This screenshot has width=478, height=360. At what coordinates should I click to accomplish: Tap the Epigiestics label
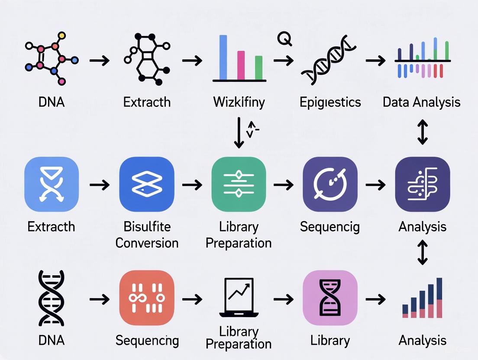(330, 103)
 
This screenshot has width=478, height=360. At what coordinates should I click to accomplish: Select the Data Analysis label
(421, 103)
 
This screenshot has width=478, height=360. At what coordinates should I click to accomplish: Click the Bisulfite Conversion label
(147, 234)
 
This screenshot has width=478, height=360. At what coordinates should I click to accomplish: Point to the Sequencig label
(329, 226)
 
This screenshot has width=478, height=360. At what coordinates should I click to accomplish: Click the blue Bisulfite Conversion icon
(146, 184)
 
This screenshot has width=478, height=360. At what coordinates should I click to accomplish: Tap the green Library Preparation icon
(238, 184)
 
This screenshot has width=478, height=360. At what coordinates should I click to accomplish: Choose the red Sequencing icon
(146, 298)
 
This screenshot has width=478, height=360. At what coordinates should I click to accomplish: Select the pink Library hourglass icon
(330, 298)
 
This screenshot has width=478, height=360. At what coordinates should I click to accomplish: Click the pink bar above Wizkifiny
(241, 66)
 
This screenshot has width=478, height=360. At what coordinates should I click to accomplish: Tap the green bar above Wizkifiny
(259, 68)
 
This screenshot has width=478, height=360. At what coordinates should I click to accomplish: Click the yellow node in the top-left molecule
(61, 35)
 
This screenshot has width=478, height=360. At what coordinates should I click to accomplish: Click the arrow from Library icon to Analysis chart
(375, 299)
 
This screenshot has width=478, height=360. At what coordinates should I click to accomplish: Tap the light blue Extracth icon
(52, 184)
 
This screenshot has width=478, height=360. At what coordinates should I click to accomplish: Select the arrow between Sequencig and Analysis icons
(375, 185)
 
